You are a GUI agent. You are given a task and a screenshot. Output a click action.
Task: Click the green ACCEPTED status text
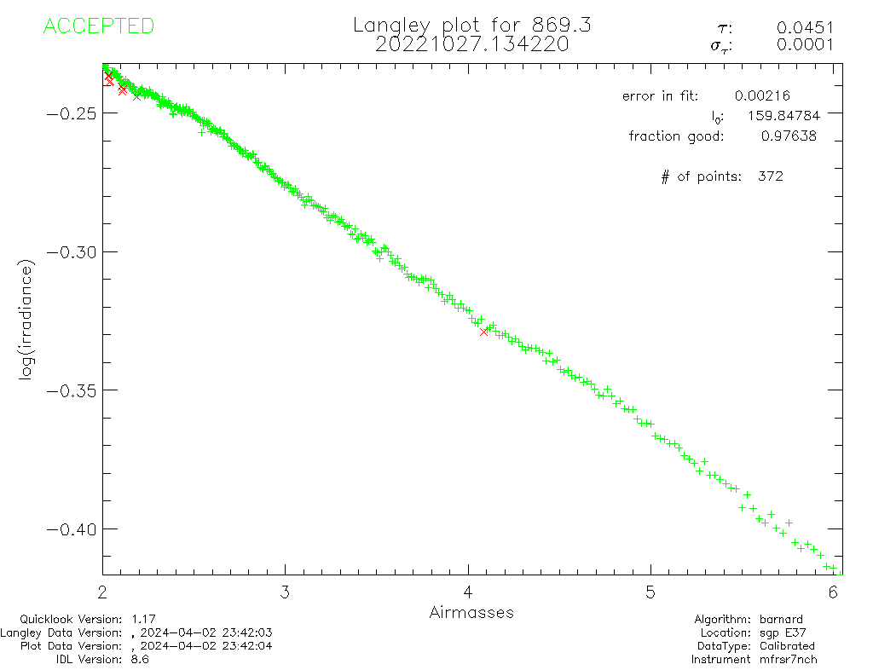click(x=98, y=26)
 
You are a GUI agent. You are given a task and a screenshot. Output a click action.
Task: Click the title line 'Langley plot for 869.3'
click(x=471, y=26)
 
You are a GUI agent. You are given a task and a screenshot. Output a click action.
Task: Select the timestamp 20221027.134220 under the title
click(x=471, y=44)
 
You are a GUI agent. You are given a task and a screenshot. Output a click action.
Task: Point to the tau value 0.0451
click(x=805, y=28)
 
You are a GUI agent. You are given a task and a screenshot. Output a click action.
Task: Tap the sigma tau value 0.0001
click(x=805, y=46)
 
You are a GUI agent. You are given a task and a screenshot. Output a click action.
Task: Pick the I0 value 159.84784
click(x=774, y=116)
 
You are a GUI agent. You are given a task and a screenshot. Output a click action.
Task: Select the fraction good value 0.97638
click(x=789, y=136)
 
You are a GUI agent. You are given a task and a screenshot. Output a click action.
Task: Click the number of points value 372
click(x=770, y=176)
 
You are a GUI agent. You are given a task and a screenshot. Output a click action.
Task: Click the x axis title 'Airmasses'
click(x=471, y=612)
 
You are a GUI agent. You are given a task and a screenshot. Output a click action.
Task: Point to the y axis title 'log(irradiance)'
click(x=27, y=321)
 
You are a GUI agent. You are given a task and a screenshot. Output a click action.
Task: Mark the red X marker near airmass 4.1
click(x=484, y=332)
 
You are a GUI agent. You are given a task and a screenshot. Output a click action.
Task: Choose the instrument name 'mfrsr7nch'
click(x=788, y=659)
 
